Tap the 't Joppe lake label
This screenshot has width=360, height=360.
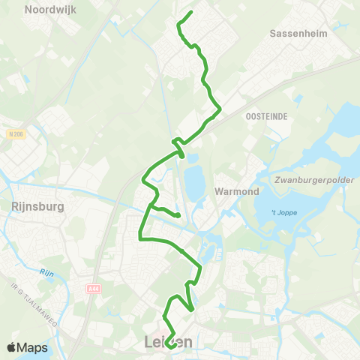[283, 212]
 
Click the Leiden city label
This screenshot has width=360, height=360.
[167, 342]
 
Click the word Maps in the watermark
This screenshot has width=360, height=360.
[33, 347]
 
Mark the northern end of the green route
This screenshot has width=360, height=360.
[191, 12]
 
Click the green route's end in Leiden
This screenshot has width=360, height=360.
[169, 346]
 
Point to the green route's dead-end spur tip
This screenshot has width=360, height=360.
[179, 216]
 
